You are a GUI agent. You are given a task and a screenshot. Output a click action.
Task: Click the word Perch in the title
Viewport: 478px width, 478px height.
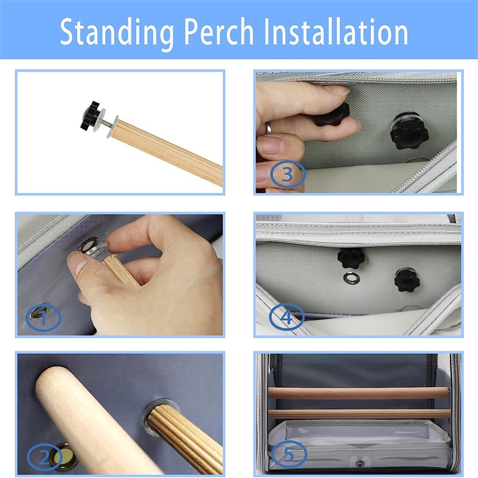(x=219, y=32)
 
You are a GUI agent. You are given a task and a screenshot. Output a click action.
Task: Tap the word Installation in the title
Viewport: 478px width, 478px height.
(x=336, y=32)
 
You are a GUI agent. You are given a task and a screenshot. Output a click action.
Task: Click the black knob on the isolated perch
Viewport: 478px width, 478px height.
(x=91, y=115)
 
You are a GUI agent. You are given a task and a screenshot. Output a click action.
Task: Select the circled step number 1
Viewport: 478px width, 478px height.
(x=44, y=317)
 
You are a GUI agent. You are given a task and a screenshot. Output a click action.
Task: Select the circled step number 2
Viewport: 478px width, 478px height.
(x=45, y=458)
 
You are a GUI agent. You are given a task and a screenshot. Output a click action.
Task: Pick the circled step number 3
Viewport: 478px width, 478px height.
(x=287, y=174)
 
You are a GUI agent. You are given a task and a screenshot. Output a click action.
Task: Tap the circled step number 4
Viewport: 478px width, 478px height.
(x=287, y=317)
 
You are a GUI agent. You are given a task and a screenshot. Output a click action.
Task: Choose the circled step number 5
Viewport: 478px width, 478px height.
(x=289, y=455)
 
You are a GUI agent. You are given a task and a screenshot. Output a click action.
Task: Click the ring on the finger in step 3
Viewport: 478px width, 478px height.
(x=268, y=128)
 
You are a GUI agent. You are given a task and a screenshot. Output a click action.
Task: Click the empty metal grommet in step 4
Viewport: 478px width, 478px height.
(x=351, y=277)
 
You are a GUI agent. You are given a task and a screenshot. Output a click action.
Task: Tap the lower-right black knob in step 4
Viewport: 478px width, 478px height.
(x=407, y=280)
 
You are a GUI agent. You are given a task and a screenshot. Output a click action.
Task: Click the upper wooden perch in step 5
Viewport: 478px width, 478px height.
(x=358, y=393)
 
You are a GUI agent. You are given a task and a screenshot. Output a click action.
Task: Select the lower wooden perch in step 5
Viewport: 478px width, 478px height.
(x=359, y=414)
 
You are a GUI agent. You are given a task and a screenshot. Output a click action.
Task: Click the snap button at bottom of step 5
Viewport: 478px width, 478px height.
(x=360, y=464)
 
